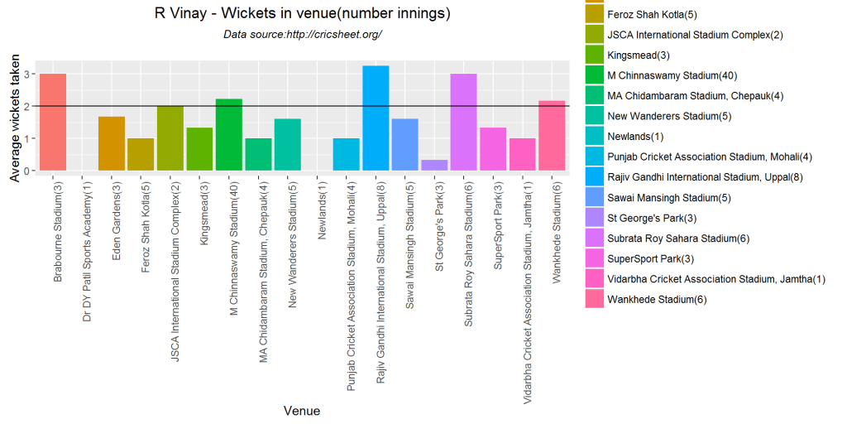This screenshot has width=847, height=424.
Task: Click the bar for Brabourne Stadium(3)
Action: click(x=53, y=123)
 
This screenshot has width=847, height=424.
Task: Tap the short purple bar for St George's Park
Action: click(x=434, y=166)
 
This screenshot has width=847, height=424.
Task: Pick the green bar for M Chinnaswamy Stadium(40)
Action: click(x=229, y=135)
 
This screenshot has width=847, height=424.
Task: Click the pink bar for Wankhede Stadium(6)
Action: click(x=552, y=136)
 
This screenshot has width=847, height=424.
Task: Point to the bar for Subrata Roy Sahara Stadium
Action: click(x=463, y=123)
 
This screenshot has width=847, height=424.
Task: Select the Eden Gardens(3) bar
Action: click(x=112, y=144)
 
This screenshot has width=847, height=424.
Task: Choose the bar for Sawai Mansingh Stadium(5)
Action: click(x=404, y=145)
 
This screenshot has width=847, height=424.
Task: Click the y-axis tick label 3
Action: click(x=26, y=75)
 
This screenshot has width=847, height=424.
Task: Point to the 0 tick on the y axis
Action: click(x=26, y=171)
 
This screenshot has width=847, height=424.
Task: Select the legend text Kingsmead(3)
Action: click(x=638, y=55)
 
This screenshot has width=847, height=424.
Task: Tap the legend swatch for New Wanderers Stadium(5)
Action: click(x=594, y=116)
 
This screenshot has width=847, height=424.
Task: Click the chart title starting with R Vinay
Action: click(x=303, y=14)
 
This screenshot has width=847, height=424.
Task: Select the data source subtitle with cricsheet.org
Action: click(x=303, y=35)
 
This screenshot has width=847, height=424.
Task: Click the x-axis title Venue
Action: click(x=301, y=411)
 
